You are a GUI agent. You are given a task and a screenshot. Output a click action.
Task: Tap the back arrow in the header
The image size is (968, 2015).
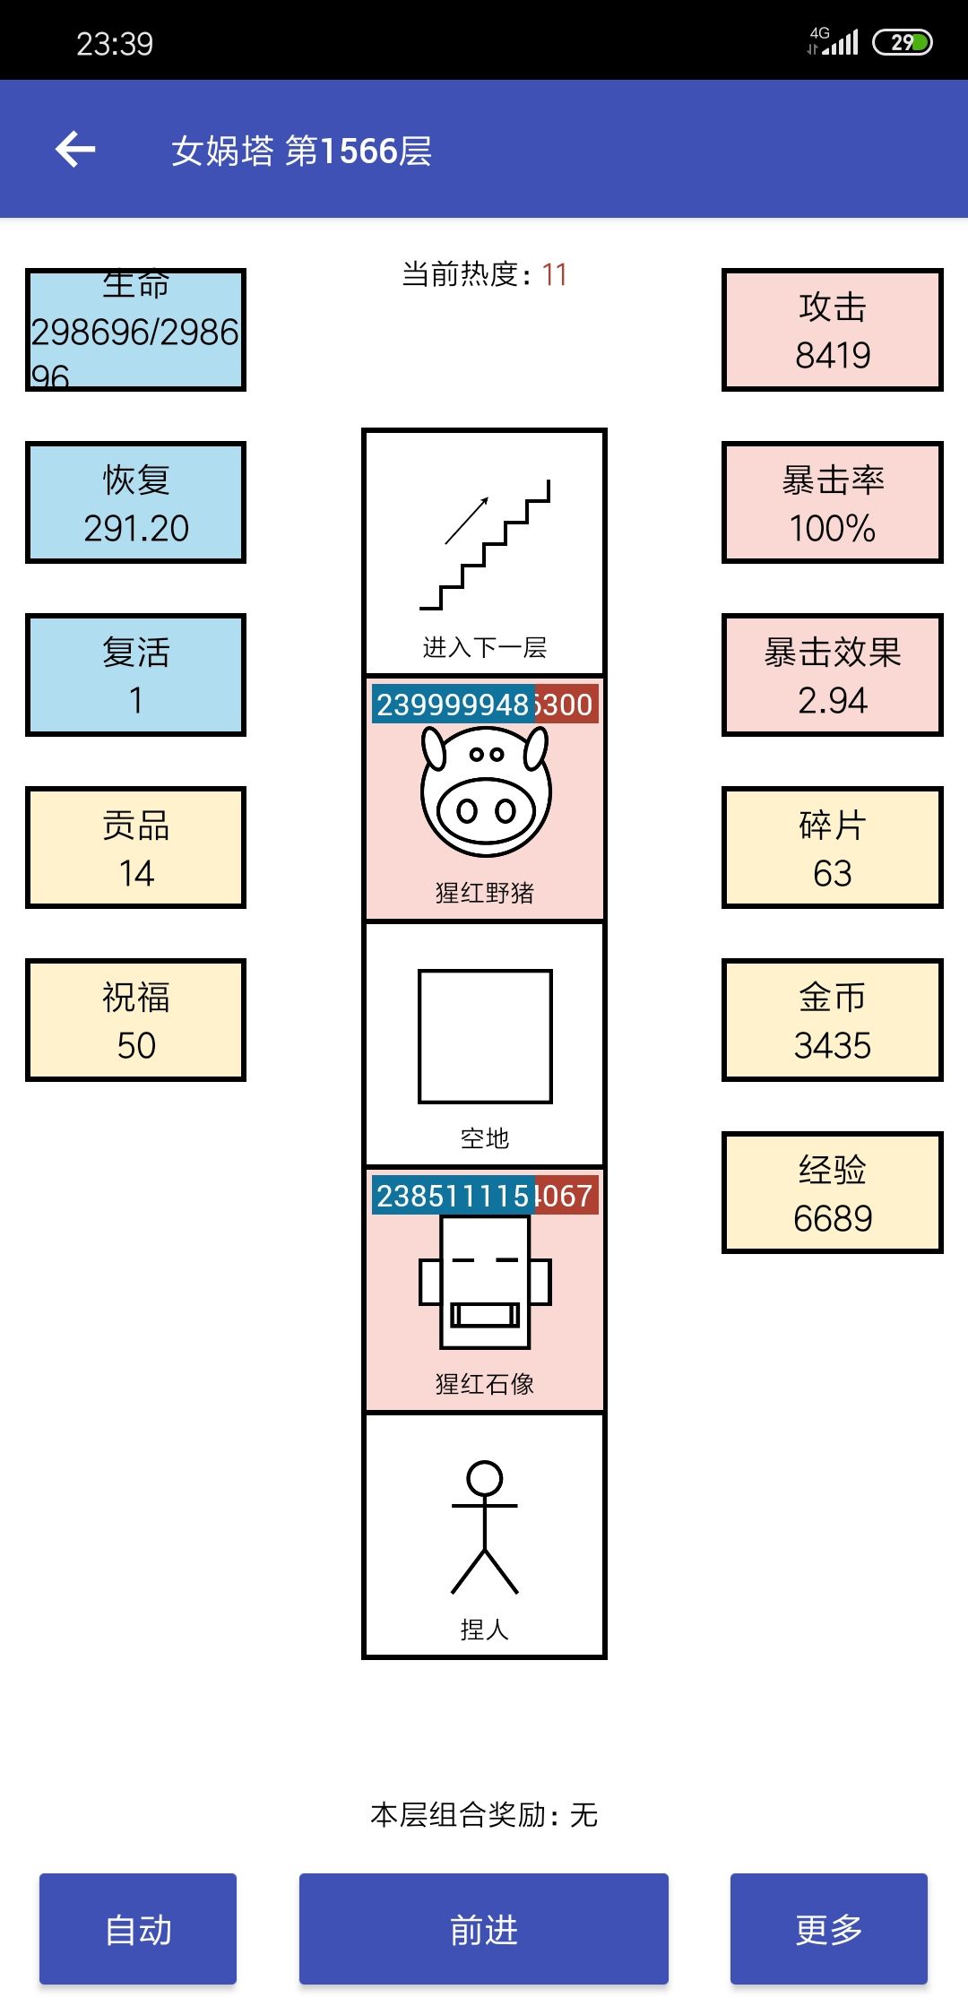point(75,149)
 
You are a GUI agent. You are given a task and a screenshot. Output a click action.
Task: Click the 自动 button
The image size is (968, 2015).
point(137,1929)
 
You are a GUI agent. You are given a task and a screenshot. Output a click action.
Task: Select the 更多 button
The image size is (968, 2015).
point(828,1929)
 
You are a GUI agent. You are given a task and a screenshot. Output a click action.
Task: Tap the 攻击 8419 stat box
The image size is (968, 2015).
point(832,330)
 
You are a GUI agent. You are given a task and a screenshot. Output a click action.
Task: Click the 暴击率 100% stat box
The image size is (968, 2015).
point(832,503)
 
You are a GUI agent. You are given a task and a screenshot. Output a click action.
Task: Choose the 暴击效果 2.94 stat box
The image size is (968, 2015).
point(832,675)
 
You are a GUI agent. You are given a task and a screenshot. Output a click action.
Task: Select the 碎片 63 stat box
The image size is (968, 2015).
point(832,848)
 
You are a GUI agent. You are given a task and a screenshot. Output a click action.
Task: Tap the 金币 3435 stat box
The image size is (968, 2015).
point(832,1020)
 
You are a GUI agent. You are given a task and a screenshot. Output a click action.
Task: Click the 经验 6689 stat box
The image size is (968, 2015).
point(832,1193)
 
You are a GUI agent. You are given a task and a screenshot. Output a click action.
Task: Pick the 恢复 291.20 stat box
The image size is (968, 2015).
point(135,503)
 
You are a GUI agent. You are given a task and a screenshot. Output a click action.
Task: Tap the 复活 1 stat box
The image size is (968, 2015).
point(135,675)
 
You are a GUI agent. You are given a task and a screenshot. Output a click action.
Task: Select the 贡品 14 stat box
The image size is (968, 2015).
point(135,848)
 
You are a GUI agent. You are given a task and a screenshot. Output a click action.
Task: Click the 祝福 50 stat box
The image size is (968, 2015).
point(135,1020)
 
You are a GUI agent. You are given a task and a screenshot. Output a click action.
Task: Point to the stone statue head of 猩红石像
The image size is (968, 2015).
point(485,1282)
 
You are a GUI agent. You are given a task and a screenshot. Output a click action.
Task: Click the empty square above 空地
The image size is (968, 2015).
point(485,1036)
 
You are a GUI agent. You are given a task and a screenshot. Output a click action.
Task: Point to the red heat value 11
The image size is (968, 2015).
point(554,274)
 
